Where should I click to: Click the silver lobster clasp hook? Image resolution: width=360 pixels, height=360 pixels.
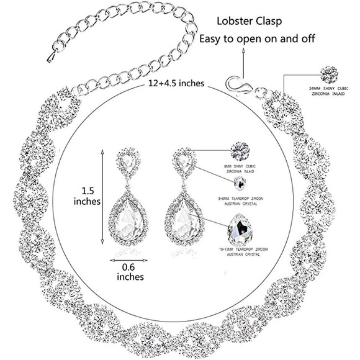pos(235,83)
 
